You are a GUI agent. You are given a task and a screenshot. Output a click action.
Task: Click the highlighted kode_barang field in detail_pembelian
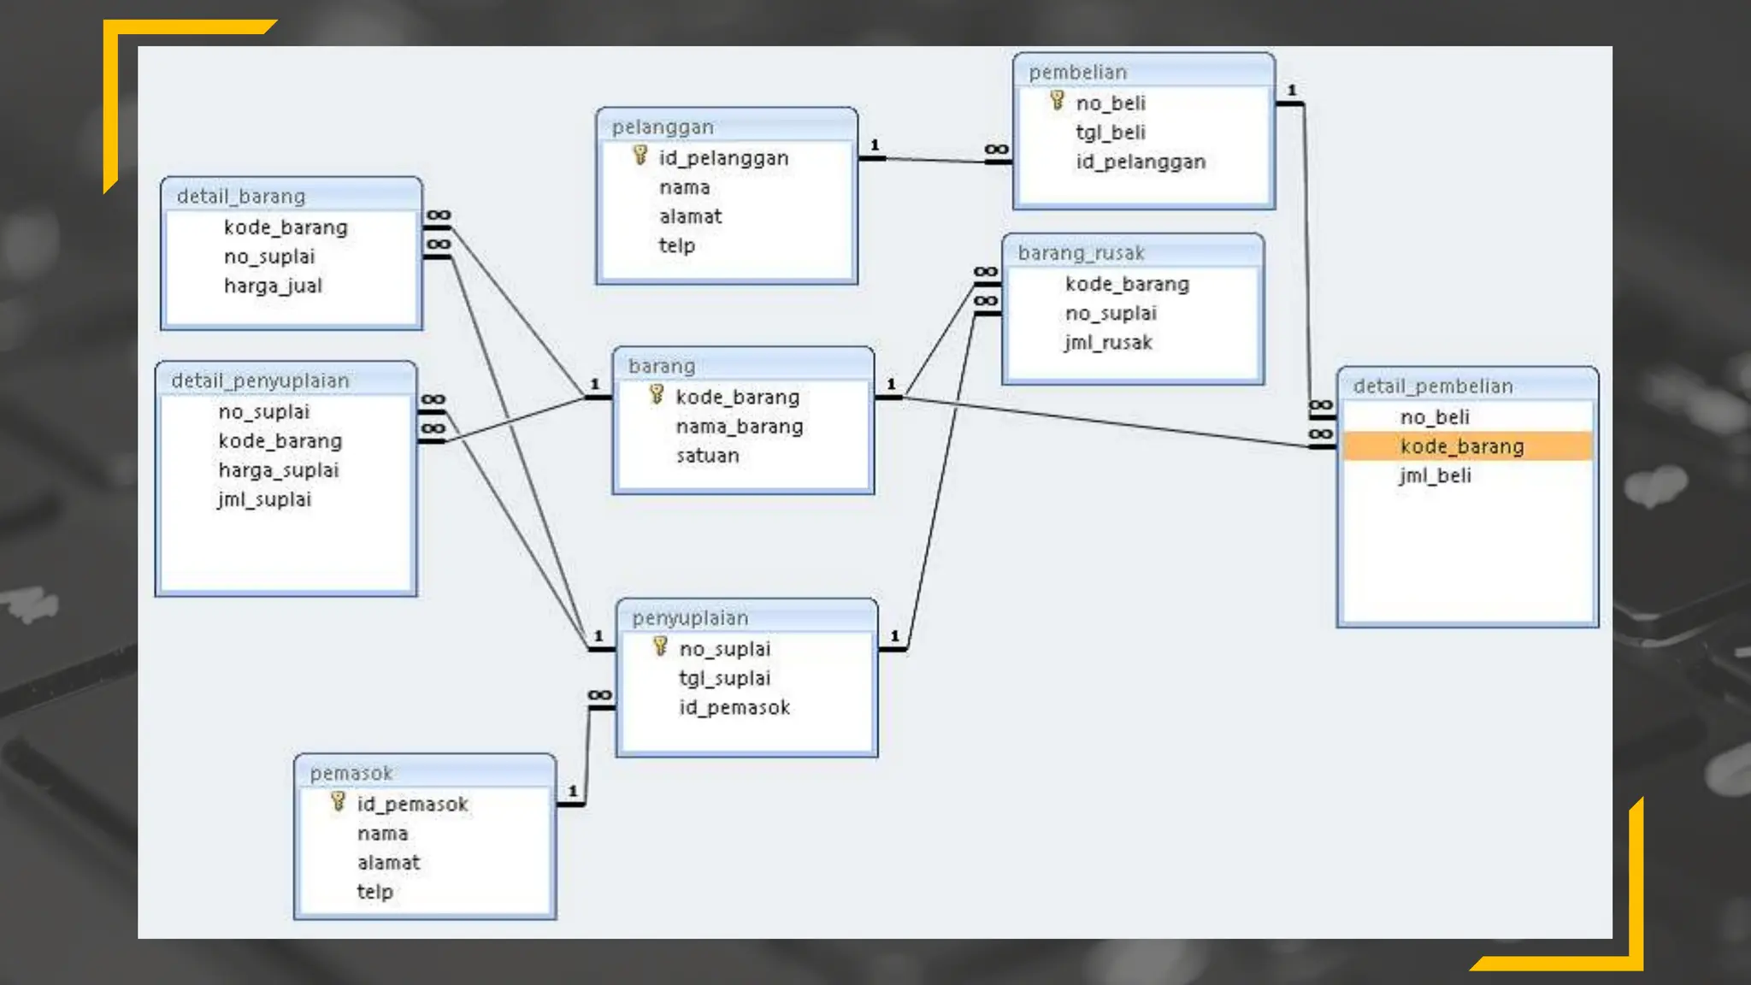[x=1461, y=446]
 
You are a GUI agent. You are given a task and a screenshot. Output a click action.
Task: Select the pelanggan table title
[x=663, y=127]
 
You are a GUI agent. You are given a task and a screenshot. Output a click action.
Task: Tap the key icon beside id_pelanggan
[x=640, y=156]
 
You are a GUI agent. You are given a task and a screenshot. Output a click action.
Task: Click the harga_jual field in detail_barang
[x=273, y=286]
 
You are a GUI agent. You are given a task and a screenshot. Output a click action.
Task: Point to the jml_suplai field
[x=264, y=499]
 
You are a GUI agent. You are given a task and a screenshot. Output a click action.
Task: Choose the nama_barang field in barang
[x=740, y=427]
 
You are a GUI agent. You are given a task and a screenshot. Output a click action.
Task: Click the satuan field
[x=708, y=456]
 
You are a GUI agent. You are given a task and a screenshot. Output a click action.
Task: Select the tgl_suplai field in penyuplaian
[x=725, y=678]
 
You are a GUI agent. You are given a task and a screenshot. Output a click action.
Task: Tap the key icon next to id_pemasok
[x=339, y=802]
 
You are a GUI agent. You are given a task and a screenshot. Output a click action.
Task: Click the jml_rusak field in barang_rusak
[x=1109, y=343]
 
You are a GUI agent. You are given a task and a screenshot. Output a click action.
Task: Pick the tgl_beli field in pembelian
[x=1111, y=133]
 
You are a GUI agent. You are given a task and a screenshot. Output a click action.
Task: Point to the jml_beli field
[x=1436, y=475]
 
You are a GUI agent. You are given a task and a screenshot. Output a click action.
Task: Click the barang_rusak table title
[x=1081, y=253]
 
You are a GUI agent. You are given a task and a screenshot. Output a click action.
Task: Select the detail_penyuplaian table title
[x=260, y=380]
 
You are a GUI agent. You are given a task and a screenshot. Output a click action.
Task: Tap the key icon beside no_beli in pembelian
[x=1058, y=101]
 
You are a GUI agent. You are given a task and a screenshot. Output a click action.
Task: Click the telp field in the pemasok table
[x=375, y=892]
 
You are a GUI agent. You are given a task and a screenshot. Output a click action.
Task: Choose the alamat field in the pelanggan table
[x=691, y=216]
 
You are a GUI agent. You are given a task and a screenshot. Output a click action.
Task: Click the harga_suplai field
[x=279, y=470]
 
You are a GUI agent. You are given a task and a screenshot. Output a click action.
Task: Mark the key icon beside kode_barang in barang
[x=657, y=394]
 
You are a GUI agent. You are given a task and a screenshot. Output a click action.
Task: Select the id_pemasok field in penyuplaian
[x=734, y=707]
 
